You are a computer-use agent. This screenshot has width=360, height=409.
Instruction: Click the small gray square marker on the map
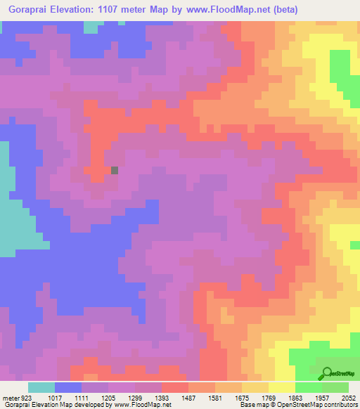pyautogui.click(x=115, y=169)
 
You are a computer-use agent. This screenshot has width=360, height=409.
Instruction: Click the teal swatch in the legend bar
pyautogui.click(x=41, y=387)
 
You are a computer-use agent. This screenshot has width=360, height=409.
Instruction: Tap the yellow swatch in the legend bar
pyautogui.click(x=282, y=387)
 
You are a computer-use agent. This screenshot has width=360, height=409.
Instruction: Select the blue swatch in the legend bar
pyautogui.click(x=68, y=387)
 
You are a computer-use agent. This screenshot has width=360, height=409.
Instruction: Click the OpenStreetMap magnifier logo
pyautogui.click(x=326, y=373)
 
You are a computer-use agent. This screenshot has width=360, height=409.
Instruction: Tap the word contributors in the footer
pyautogui.click(x=340, y=405)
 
